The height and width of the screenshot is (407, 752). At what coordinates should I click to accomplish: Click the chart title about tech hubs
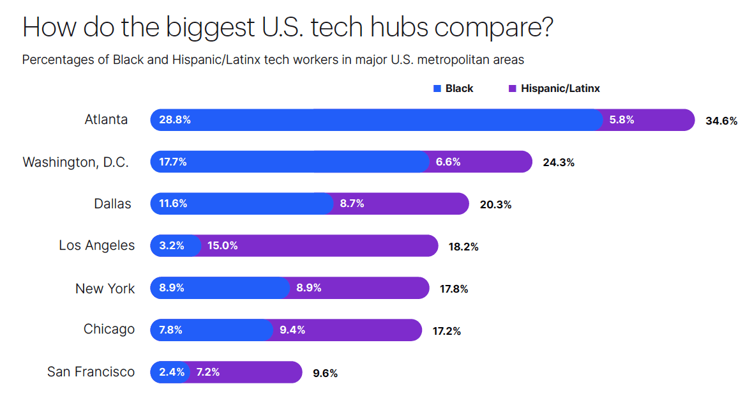click(287, 29)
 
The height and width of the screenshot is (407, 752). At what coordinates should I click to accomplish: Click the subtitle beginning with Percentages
click(273, 60)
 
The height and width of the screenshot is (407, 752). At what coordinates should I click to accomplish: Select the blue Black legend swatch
click(437, 89)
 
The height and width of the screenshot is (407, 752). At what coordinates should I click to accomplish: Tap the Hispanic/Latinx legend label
click(560, 89)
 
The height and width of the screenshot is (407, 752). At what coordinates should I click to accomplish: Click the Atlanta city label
click(106, 119)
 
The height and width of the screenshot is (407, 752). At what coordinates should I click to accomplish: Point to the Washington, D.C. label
click(75, 162)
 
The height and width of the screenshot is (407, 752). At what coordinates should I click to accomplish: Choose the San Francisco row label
click(91, 371)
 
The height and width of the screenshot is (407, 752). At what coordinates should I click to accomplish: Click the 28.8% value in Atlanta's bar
click(175, 119)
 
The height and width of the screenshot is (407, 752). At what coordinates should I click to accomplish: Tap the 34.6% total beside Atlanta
click(721, 121)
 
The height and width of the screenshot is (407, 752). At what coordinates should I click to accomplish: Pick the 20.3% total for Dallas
click(495, 205)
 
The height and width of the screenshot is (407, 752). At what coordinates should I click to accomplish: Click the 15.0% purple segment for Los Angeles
click(319, 246)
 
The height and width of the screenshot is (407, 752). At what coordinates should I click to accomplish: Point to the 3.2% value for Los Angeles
click(172, 246)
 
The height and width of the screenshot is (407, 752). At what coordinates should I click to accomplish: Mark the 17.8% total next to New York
click(454, 289)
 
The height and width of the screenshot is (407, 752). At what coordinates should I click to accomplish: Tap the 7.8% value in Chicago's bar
click(170, 330)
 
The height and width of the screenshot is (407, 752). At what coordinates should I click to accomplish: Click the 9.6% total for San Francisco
click(325, 373)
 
